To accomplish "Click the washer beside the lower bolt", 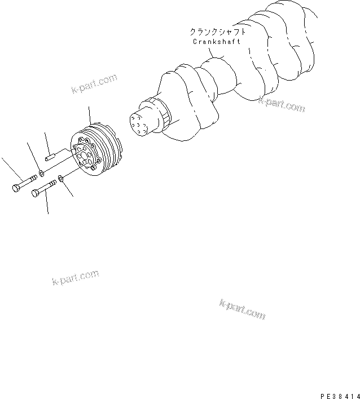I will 61,179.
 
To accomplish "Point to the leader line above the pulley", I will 89,115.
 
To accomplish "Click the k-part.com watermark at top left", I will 94,83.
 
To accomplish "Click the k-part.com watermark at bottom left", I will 75,278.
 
